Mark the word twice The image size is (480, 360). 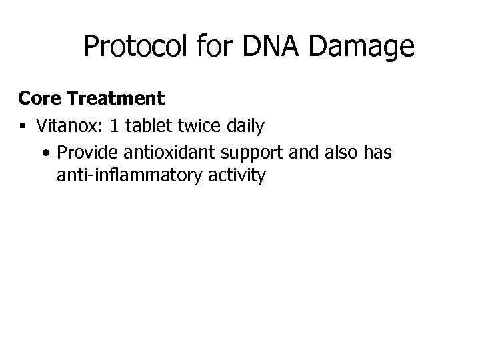(x=198, y=125)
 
